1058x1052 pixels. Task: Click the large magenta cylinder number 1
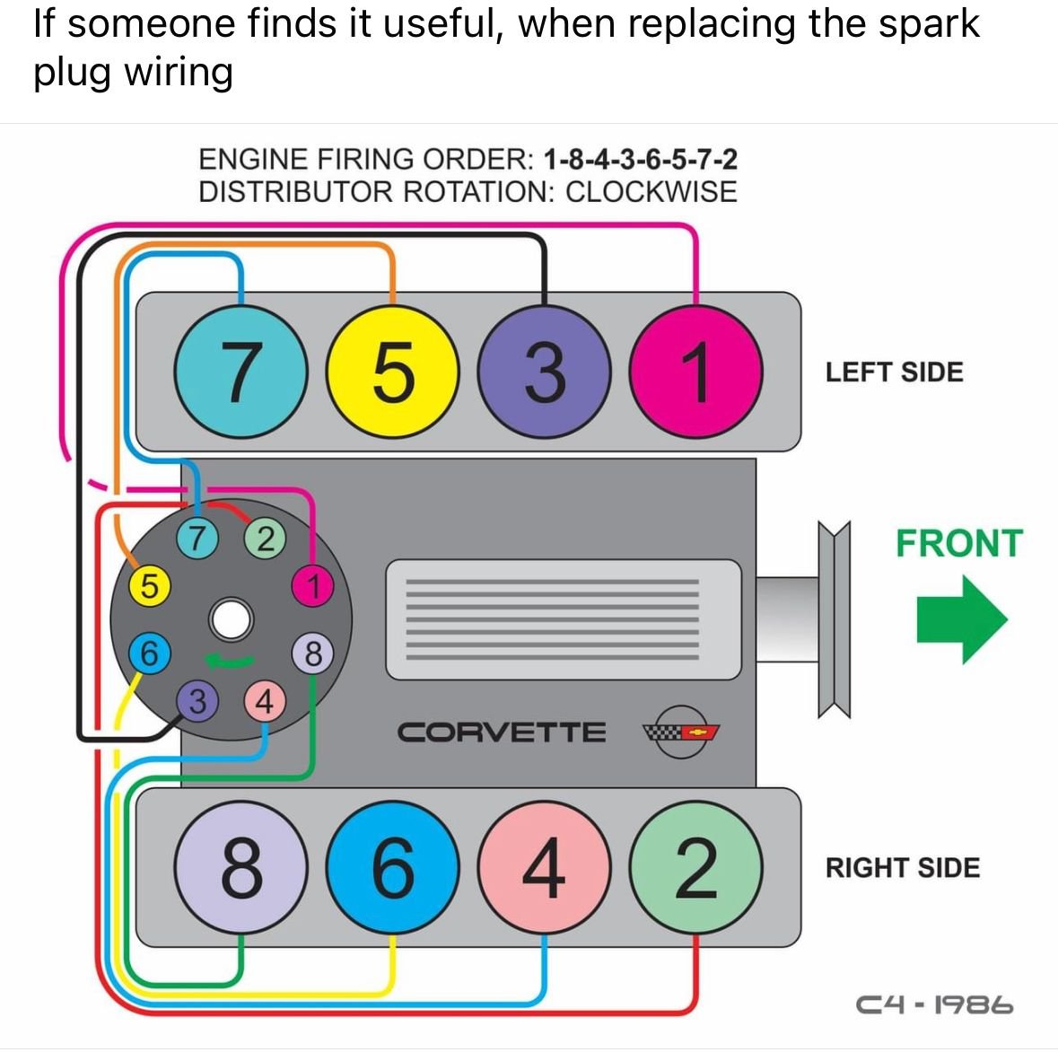coord(696,371)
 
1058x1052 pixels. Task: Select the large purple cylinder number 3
coord(544,371)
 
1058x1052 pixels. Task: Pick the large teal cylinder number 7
coord(240,371)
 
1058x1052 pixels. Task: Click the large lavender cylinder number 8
coord(240,867)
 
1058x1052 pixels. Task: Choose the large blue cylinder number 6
coord(392,867)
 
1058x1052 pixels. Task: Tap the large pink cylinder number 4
coord(544,867)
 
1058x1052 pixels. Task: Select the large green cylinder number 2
coord(696,867)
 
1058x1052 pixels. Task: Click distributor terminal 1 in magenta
coord(312,587)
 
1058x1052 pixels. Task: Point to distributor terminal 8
coord(312,653)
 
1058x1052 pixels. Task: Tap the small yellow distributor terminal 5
coord(149,585)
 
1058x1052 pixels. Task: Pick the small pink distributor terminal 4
coord(264,701)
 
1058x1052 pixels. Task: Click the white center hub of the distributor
coord(232,620)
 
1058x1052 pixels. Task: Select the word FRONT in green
coord(958,544)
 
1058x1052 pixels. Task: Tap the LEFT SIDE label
coord(894,373)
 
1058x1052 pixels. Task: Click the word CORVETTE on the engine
coord(502,732)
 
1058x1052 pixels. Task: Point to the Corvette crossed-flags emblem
coord(682,731)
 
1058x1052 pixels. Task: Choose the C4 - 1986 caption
coord(934,1004)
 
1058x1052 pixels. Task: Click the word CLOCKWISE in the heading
coord(651,191)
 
